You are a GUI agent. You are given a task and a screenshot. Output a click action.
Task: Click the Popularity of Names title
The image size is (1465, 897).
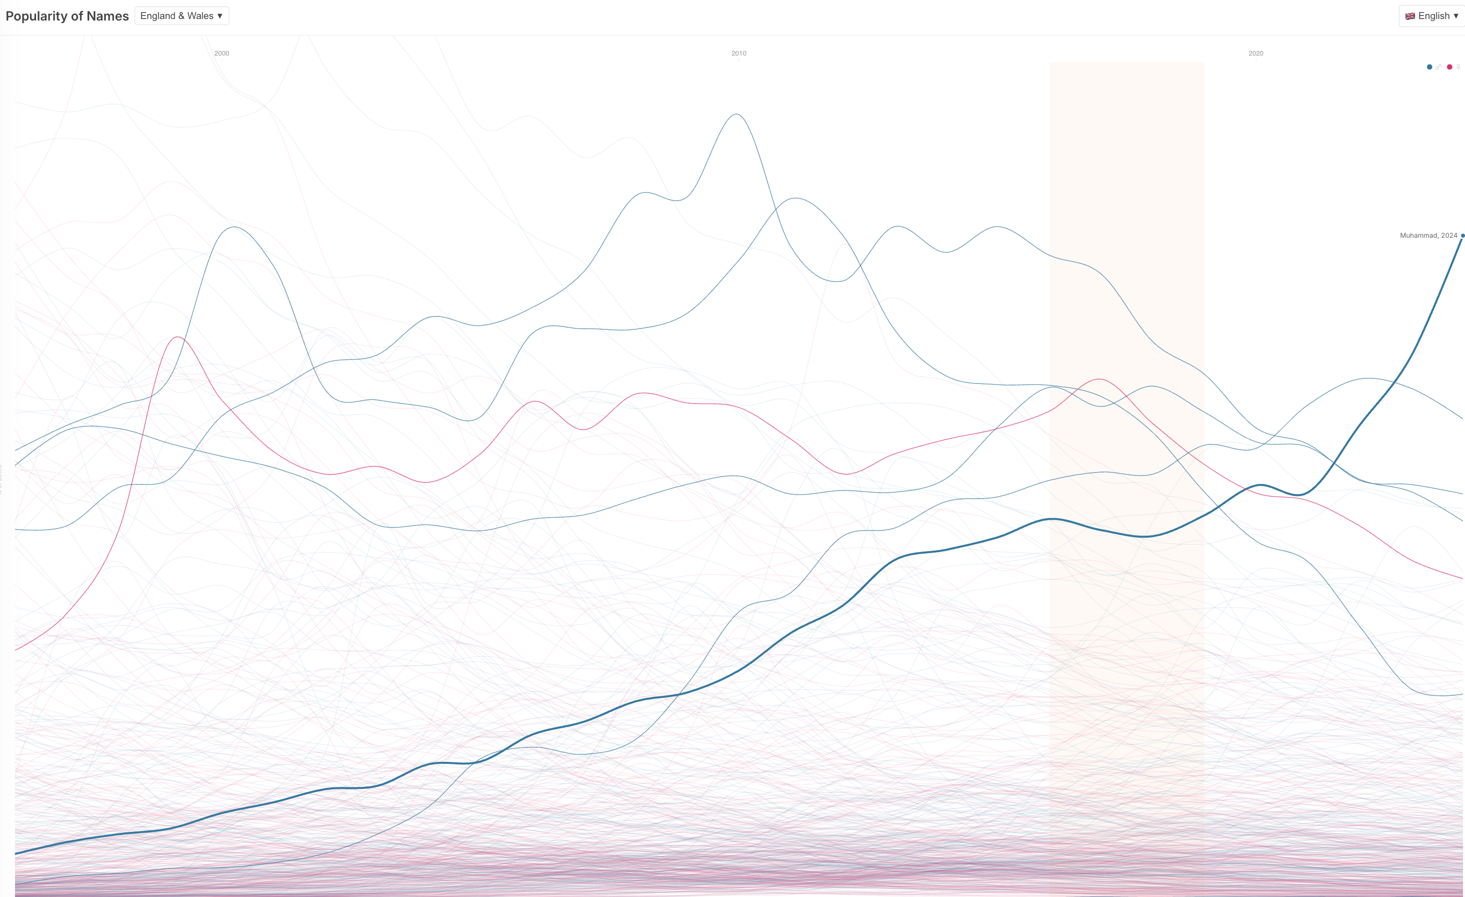click(x=67, y=16)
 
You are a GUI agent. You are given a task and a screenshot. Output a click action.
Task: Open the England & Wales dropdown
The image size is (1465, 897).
click(x=181, y=16)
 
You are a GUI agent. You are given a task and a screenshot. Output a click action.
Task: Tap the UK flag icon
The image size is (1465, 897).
click(x=1410, y=16)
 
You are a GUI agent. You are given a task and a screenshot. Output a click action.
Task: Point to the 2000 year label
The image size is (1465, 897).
click(x=222, y=54)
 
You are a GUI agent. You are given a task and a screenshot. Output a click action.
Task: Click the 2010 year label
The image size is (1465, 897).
click(x=739, y=54)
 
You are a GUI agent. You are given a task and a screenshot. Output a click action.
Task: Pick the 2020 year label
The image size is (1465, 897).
click(x=1256, y=54)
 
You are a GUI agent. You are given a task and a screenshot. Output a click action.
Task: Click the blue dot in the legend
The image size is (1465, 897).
click(x=1429, y=67)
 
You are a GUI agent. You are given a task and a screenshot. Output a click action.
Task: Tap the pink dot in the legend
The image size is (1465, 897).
click(x=1449, y=67)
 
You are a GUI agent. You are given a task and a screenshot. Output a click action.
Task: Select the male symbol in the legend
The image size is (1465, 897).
click(x=1438, y=67)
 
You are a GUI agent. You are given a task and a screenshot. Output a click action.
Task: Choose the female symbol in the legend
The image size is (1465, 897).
click(x=1458, y=67)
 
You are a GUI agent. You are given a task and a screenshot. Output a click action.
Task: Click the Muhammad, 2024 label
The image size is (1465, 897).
click(x=1428, y=236)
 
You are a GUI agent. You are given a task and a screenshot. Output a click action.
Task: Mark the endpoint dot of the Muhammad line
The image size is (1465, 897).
click(x=1462, y=236)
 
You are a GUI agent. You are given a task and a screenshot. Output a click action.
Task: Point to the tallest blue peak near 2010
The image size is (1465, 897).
click(x=737, y=114)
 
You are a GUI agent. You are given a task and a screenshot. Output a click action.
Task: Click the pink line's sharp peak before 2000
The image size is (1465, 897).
click(x=177, y=337)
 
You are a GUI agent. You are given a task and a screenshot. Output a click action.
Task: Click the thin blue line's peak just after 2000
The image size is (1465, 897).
click(x=235, y=227)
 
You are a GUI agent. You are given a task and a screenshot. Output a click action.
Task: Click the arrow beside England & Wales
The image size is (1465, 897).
click(x=220, y=16)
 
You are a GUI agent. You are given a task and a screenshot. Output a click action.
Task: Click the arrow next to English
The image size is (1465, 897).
click(x=1456, y=16)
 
